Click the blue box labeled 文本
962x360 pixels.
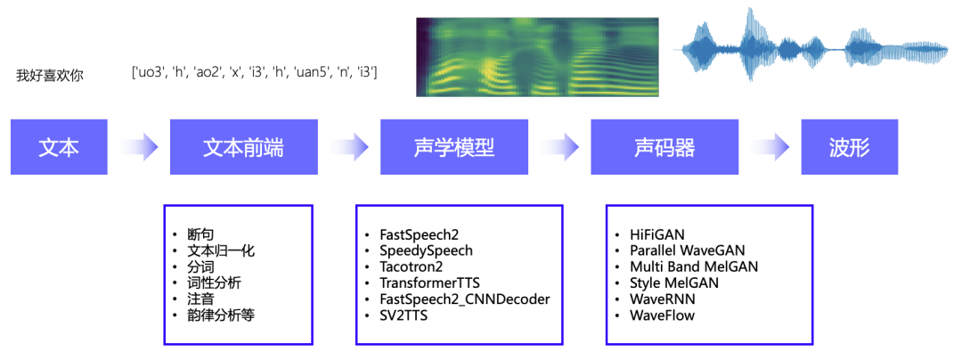pyautogui.click(x=59, y=146)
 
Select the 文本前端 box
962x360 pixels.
pyautogui.click(x=243, y=146)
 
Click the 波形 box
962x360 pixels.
pyautogui.click(x=847, y=146)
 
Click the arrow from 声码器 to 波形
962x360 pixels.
pyautogui.click(x=770, y=146)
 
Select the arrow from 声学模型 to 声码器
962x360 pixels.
pyautogui.click(x=558, y=146)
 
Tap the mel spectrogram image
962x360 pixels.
pyautogui.click(x=537, y=56)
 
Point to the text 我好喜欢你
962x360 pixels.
pyautogui.click(x=50, y=76)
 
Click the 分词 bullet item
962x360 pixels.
pyautogui.click(x=200, y=266)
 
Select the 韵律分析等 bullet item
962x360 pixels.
pyautogui.click(x=221, y=315)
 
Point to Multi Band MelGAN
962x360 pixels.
pyautogui.click(x=694, y=266)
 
